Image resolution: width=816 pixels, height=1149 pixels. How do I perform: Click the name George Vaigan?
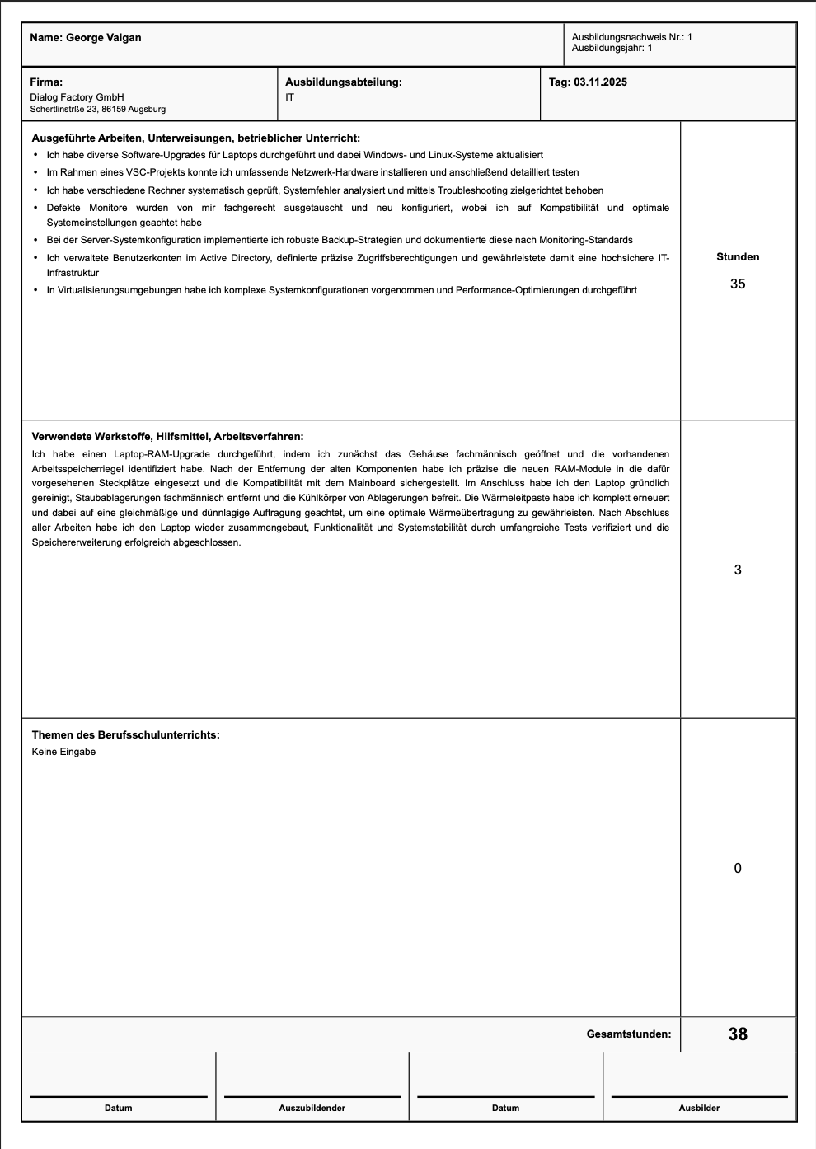tap(103, 38)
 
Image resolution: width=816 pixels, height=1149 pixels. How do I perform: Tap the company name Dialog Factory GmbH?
tap(77, 97)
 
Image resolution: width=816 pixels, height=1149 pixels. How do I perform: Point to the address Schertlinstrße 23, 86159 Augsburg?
tap(97, 109)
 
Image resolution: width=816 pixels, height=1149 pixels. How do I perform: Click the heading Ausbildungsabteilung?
tap(343, 82)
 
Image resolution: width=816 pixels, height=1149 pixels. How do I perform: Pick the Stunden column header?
tap(738, 257)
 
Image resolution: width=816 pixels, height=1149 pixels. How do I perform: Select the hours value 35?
tap(738, 284)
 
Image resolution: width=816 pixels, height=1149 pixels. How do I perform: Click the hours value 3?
tap(738, 570)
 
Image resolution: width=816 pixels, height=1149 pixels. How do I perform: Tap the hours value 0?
tap(738, 869)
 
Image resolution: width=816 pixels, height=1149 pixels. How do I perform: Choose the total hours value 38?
tap(738, 1034)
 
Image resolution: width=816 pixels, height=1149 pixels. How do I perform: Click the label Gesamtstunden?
tap(628, 1034)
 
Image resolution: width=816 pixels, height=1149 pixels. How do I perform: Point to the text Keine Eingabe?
tap(63, 752)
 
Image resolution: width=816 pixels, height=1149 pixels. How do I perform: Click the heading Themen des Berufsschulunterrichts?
tap(125, 735)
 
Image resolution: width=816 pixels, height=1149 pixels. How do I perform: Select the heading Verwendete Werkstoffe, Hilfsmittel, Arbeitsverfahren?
tap(167, 437)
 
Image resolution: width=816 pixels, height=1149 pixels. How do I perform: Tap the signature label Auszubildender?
tap(312, 1109)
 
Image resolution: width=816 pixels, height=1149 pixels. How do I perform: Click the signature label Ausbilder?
tap(699, 1109)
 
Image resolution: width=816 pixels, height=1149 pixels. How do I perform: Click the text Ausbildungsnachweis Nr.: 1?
tap(631, 37)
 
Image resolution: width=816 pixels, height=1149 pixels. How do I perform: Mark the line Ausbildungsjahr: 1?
tap(612, 48)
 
